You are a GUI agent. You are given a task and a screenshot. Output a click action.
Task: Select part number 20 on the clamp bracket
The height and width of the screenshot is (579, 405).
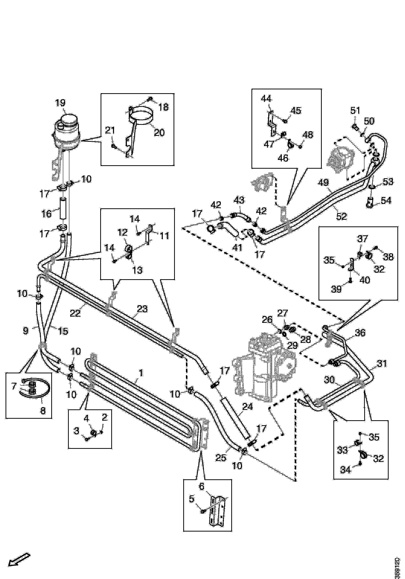(x=159, y=132)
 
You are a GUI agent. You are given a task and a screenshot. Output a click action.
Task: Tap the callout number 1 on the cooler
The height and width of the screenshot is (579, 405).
(x=141, y=373)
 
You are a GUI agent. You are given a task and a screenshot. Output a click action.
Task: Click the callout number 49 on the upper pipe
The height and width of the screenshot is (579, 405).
(x=323, y=183)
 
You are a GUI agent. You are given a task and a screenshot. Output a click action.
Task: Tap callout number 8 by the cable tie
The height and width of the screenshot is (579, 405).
(x=43, y=411)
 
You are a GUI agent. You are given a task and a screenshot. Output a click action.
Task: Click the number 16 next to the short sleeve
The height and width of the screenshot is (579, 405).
(x=46, y=214)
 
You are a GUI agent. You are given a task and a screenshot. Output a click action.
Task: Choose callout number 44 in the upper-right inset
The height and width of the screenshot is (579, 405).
(x=266, y=99)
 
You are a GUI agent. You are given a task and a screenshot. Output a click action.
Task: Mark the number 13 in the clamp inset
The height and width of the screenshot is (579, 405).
(x=137, y=270)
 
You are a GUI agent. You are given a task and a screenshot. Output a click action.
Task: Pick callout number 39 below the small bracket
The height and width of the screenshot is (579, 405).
(x=336, y=289)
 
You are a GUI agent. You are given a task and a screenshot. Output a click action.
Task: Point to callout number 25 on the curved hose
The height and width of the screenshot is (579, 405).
(x=221, y=458)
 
